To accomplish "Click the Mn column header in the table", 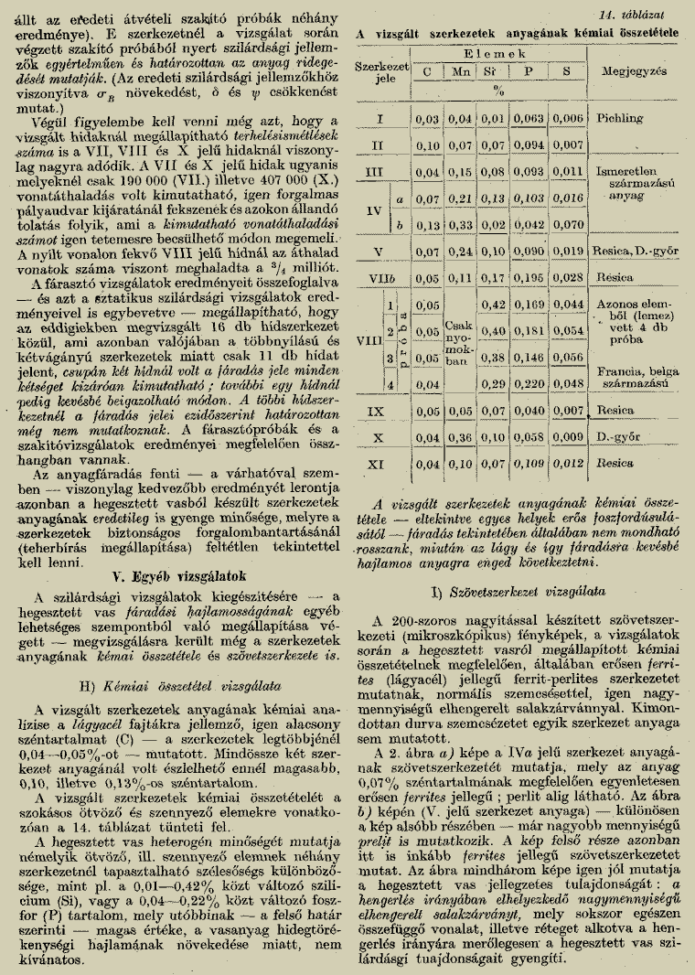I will point(462,70).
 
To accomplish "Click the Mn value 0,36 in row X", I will point(461,438).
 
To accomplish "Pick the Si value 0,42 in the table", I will point(495,305).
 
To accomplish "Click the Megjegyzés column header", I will point(636,70).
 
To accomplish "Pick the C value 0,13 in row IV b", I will point(426,222).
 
